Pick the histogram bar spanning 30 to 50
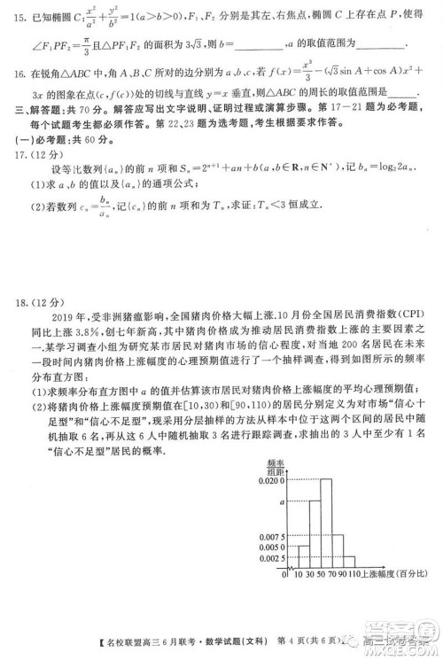316,536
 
